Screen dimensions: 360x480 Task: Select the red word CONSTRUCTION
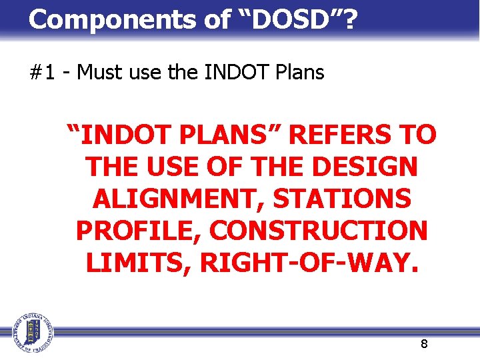click(319, 231)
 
